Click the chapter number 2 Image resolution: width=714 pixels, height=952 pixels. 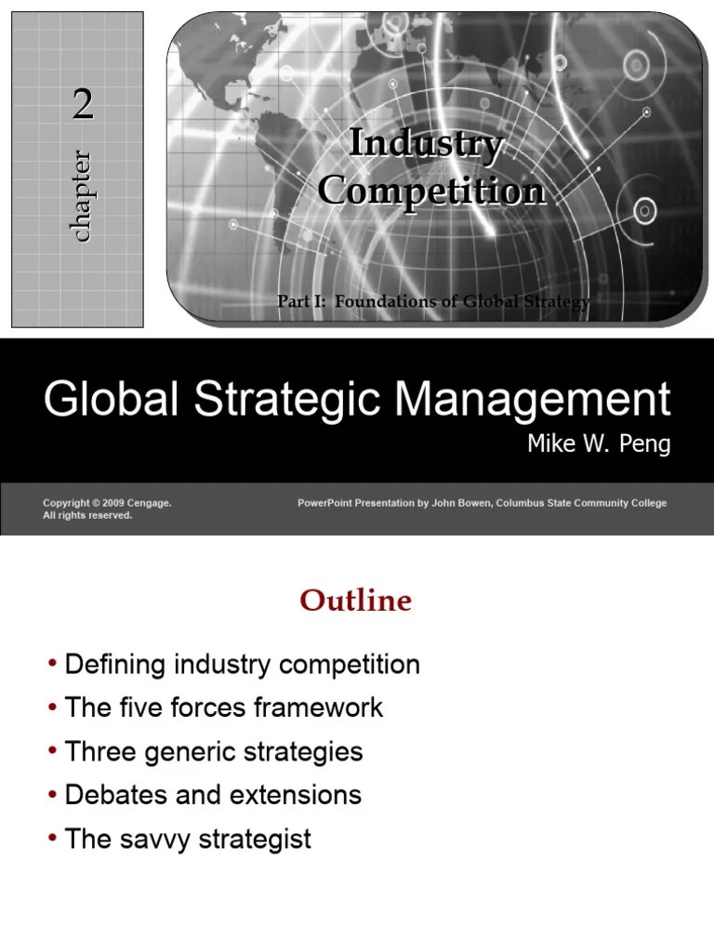pos(84,108)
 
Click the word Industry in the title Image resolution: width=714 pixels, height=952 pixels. pos(427,144)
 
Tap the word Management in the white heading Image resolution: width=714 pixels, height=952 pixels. pos(531,400)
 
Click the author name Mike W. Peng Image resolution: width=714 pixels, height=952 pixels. pos(599,443)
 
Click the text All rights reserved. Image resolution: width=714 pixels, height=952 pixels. pos(87,515)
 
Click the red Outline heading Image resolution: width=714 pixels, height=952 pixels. pos(355,602)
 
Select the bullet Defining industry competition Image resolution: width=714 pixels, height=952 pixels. pos(242,665)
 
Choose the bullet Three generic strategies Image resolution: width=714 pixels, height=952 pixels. pos(214,751)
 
